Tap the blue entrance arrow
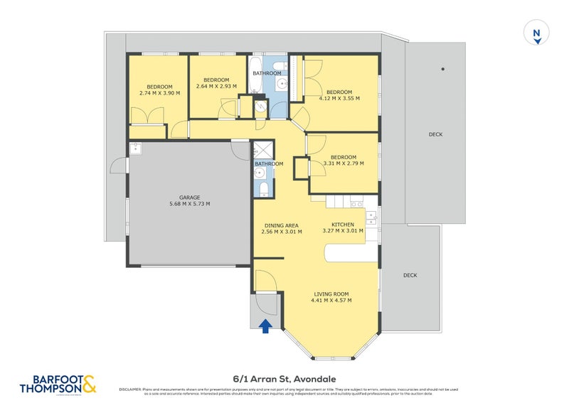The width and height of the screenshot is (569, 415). coord(266,325)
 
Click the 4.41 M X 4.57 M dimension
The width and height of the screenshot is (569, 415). coord(331,300)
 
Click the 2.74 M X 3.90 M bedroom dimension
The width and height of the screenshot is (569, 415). coord(159,93)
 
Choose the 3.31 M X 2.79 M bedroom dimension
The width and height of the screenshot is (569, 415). coord(343,163)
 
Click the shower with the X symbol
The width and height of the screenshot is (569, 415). coord(262,151)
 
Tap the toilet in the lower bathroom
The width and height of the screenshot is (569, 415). coord(262,188)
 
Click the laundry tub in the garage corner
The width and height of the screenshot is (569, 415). coord(136,149)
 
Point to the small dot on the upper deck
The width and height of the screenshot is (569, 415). coord(442,69)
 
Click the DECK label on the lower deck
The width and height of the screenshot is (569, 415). coord(410,275)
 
